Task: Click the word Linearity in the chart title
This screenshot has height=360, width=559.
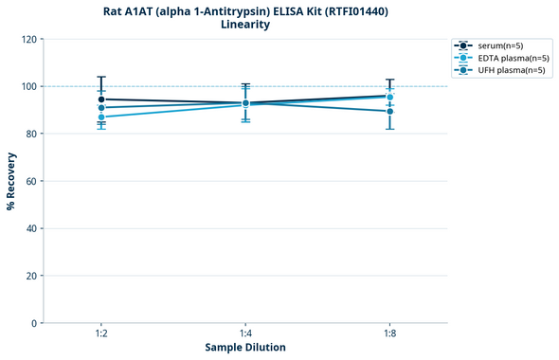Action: coord(245,25)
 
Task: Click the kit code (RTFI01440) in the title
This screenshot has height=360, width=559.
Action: coord(349,11)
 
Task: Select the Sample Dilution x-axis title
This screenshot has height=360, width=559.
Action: coord(245,348)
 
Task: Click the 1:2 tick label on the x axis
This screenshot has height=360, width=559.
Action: coord(100,334)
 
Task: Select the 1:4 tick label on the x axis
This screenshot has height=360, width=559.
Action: coord(245,334)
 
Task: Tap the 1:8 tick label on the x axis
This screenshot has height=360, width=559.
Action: coord(389,334)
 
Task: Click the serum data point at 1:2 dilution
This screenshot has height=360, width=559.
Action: coord(101,99)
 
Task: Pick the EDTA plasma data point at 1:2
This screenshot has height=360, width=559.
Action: coord(101,117)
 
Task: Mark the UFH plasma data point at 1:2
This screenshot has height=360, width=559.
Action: coord(101,108)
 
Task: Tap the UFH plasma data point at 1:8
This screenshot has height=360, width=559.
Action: coord(389,111)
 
